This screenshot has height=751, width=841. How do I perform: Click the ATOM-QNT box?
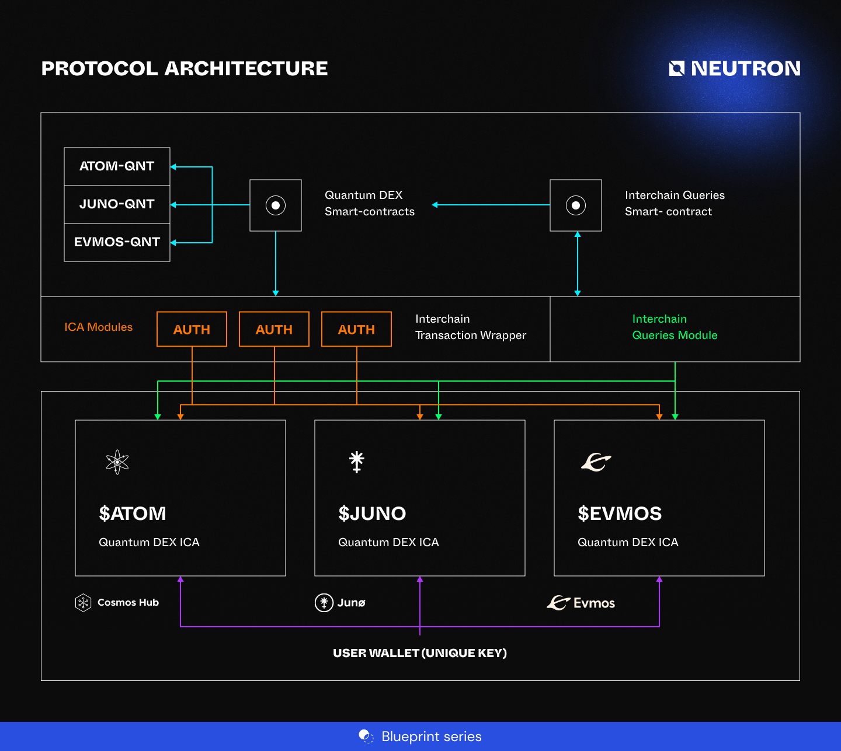click(x=117, y=166)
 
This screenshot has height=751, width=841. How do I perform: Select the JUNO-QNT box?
click(x=117, y=204)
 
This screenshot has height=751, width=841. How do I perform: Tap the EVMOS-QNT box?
click(x=117, y=242)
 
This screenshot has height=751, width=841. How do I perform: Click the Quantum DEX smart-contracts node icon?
click(x=276, y=205)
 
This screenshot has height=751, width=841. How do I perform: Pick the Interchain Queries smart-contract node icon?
click(x=576, y=205)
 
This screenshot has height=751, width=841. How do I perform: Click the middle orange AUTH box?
click(x=274, y=330)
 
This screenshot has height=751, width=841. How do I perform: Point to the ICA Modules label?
click(x=99, y=327)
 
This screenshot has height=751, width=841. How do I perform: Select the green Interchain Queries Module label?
click(x=675, y=327)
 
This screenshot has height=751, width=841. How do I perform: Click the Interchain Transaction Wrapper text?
click(x=470, y=327)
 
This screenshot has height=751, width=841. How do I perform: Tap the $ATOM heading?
click(x=133, y=514)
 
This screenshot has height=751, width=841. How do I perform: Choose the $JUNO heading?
click(x=372, y=514)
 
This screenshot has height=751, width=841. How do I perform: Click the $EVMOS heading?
click(x=620, y=514)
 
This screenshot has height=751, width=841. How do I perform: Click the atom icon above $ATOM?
click(x=117, y=462)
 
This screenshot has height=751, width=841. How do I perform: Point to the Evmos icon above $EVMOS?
click(x=596, y=462)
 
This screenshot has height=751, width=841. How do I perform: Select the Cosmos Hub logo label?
click(x=117, y=602)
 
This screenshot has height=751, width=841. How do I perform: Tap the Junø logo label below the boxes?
click(x=340, y=602)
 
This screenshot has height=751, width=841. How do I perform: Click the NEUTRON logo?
click(x=735, y=68)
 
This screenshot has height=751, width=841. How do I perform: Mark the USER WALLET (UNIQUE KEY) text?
click(x=420, y=653)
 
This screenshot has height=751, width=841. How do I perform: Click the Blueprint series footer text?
click(x=431, y=736)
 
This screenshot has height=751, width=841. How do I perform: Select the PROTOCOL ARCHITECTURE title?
click(x=185, y=68)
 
